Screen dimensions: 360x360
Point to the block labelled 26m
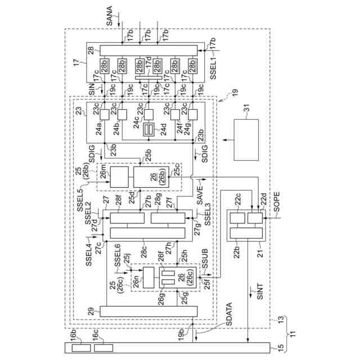point(119,177)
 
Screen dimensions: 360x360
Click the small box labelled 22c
point(237,218)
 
